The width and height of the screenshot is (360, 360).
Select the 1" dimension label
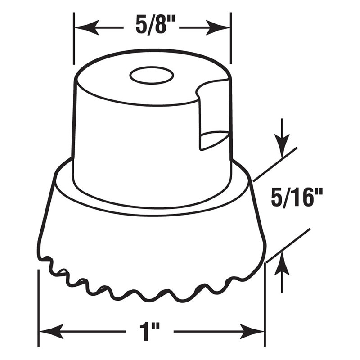coord(150,332)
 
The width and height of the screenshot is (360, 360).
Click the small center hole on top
coord(152,75)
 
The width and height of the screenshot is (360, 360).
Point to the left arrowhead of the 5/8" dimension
coord(87,28)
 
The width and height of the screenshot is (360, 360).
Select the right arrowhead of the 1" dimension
coord(252,331)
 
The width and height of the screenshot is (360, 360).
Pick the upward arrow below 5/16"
coord(282,273)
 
